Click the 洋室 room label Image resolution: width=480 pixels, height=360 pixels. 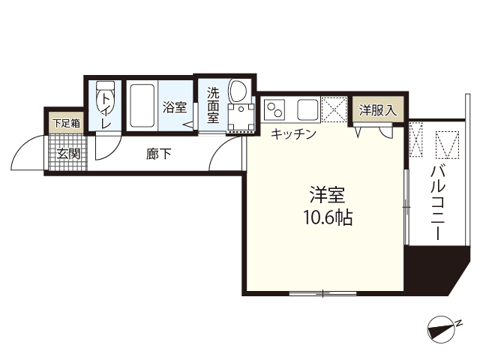327,195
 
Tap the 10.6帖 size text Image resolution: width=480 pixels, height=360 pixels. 327,218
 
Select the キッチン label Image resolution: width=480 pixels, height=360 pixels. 293,134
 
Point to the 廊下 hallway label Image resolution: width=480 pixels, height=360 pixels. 159,154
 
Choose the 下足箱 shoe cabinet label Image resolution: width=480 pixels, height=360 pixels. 66,122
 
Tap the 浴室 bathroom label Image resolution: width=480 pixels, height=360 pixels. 175,107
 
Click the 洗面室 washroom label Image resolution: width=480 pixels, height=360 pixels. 213,106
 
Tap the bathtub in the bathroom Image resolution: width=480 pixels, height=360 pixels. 142,106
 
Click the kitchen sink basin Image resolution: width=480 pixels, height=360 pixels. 307,109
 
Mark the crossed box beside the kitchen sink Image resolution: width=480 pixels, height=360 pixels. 334,109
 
